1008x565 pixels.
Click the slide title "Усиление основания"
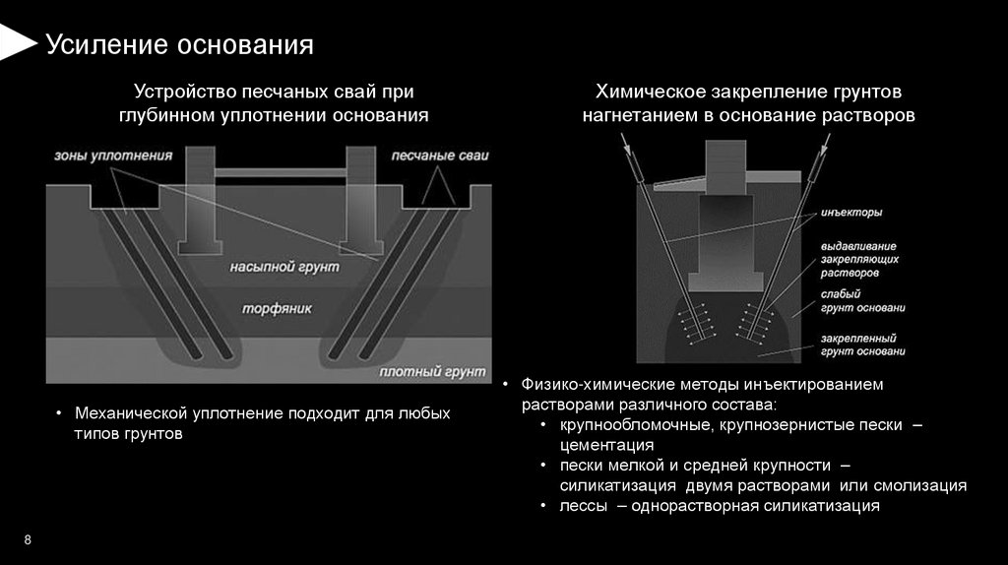coord(180,44)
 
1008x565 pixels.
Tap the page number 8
coord(28,540)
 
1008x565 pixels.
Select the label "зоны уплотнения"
coord(113,156)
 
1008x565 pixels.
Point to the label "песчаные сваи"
coord(439,156)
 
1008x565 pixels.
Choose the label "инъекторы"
coord(850,213)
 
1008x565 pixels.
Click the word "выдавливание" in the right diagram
coord(858,246)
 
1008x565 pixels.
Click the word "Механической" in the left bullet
coord(129,413)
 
